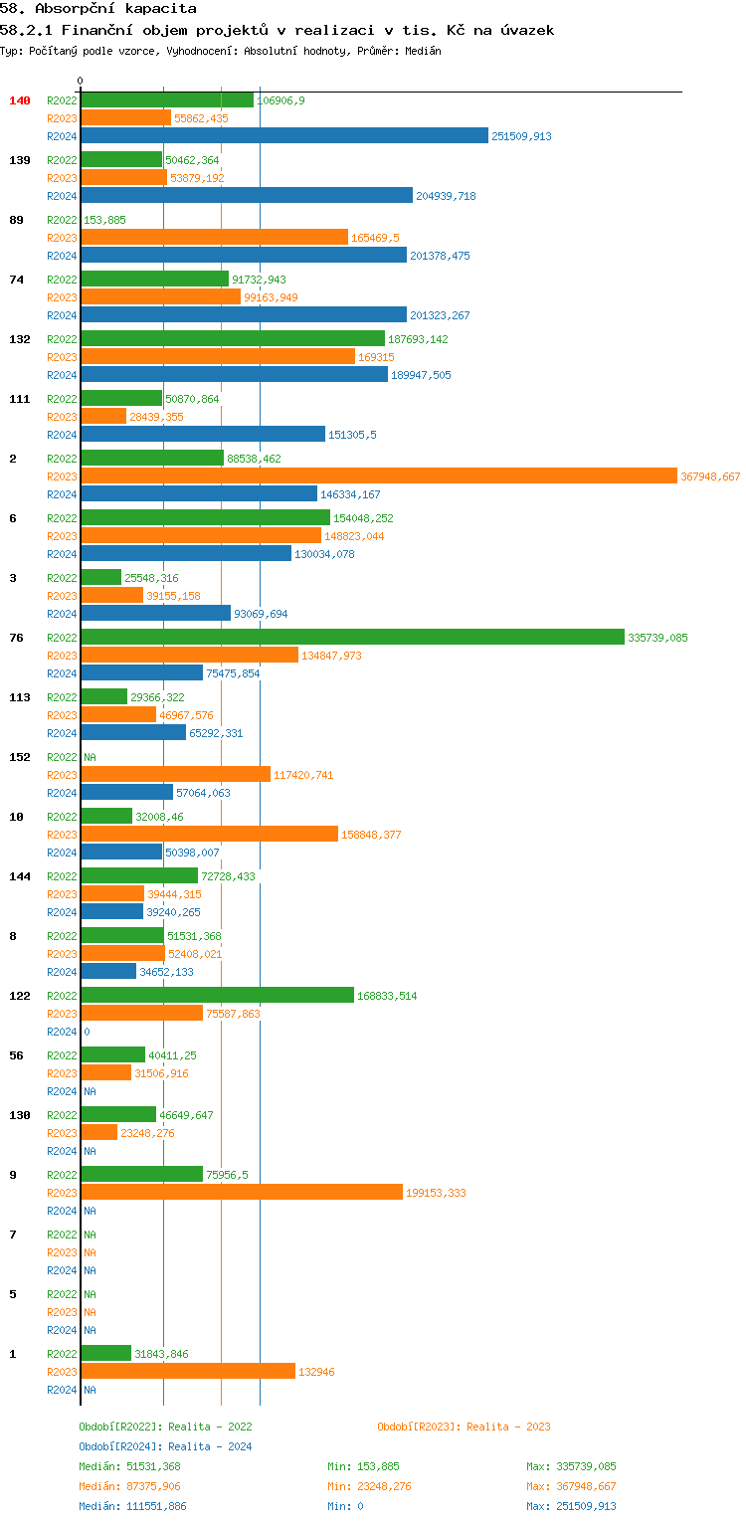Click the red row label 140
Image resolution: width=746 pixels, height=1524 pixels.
pyautogui.click(x=20, y=100)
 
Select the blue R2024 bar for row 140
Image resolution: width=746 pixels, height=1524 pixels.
pyautogui.click(x=284, y=136)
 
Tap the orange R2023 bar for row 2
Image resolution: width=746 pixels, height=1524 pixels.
pyautogui.click(x=378, y=476)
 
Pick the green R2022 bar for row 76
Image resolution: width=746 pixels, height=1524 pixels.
pyautogui.click(x=352, y=638)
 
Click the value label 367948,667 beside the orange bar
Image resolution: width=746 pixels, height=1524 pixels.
pyautogui.click(x=710, y=476)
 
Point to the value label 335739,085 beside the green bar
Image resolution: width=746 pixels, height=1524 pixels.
pyautogui.click(x=657, y=638)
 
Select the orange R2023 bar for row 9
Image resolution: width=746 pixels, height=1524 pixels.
pyautogui.click(x=242, y=1193)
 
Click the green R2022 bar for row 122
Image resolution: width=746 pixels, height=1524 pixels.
pyautogui.click(x=217, y=996)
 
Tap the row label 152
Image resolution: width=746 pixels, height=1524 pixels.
pyautogui.click(x=20, y=757)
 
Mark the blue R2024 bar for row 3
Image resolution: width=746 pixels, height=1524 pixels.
pyautogui.click(x=155, y=614)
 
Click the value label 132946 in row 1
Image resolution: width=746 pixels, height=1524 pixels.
pyautogui.click(x=316, y=1372)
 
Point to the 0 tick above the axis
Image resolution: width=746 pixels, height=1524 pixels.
pyautogui.click(x=81, y=81)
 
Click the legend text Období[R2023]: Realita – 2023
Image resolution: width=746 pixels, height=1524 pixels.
pyautogui.click(x=464, y=1427)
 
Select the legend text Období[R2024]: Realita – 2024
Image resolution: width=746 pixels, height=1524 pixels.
pyautogui.click(x=165, y=1446)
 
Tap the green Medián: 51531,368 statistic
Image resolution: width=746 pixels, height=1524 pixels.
pyautogui.click(x=129, y=1466)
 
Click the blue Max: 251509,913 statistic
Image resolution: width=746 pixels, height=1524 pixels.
pyautogui.click(x=571, y=1506)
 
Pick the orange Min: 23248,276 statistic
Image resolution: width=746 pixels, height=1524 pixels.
pyautogui.click(x=369, y=1486)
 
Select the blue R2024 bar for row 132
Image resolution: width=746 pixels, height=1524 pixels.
pyautogui.click(x=234, y=375)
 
